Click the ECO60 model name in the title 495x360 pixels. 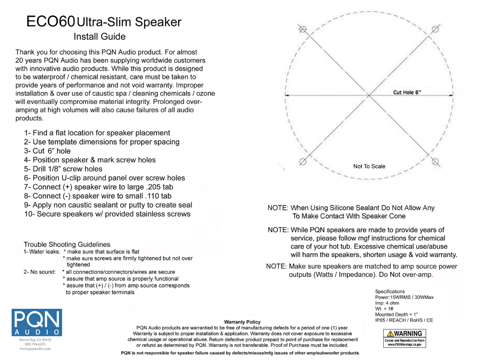click(50, 22)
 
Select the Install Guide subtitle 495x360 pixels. click(100, 37)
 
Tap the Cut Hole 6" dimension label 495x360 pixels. click(407, 93)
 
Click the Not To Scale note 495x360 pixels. click(369, 166)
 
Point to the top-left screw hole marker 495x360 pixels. click(303, 29)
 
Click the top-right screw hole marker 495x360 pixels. click(435, 29)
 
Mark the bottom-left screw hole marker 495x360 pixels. click(303, 162)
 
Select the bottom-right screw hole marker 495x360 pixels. click(435, 163)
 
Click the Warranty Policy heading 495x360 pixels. click(242, 322)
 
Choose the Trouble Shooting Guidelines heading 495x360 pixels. click(67, 244)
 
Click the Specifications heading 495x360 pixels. click(390, 292)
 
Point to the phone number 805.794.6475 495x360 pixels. click(35, 344)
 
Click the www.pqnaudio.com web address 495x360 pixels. click(35, 349)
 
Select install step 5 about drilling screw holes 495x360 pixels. click(63, 169)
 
